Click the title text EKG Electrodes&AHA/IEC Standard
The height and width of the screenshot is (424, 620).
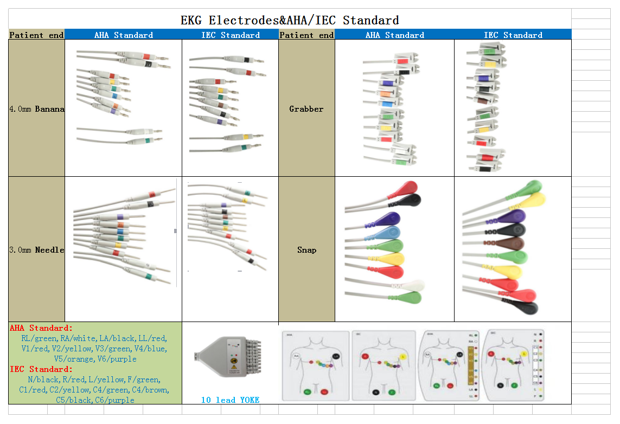[x=290, y=21]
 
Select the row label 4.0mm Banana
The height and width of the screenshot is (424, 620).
[x=36, y=109]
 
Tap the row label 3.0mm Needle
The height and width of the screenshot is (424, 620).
[x=36, y=250]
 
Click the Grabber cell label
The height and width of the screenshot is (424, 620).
[x=306, y=109]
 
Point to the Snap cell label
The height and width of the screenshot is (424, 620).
[x=306, y=250]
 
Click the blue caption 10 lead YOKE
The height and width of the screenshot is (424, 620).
[x=230, y=400]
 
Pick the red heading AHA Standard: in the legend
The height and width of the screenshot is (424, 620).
[x=41, y=328]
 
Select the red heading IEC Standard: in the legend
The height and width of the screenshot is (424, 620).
[x=41, y=369]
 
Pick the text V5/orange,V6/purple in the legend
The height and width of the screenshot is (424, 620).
[x=95, y=359]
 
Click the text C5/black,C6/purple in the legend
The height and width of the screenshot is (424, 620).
[x=95, y=400]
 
